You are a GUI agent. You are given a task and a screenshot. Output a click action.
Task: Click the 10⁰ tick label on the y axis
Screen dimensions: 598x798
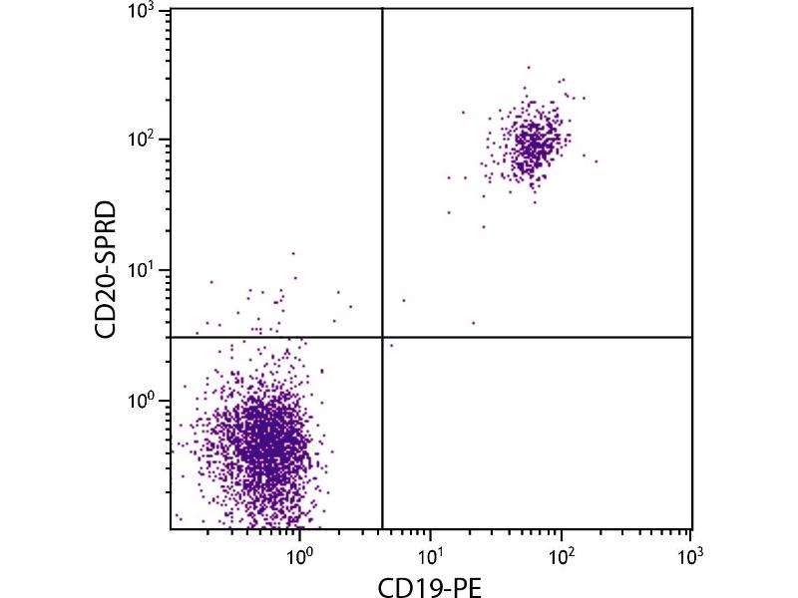140,401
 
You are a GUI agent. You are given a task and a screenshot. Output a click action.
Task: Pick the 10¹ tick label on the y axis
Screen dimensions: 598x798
140,270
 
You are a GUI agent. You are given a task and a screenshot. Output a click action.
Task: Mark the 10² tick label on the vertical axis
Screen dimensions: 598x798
140,140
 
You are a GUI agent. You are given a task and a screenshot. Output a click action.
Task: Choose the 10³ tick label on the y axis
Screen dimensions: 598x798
140,10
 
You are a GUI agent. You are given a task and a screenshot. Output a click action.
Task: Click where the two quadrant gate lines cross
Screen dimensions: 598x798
383,337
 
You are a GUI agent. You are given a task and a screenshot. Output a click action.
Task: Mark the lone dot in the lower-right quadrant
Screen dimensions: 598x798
392,345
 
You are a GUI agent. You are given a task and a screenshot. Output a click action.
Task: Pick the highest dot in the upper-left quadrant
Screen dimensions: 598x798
293,253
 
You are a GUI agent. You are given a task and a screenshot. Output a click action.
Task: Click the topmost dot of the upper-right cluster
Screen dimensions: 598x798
529,68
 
